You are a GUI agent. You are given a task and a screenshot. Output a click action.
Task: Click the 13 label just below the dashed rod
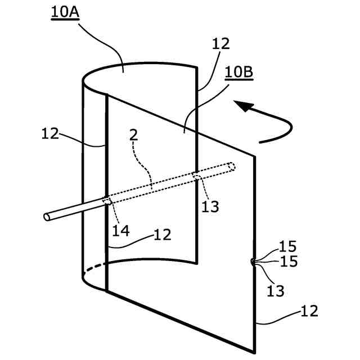(x=210, y=206)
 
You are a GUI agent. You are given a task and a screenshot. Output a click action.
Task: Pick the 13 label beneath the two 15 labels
(x=276, y=291)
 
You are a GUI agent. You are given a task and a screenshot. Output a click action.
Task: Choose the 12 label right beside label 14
(x=162, y=235)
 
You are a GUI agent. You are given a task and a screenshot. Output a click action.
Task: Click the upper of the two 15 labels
(x=287, y=247)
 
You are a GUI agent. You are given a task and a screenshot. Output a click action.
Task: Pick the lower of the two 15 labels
(x=287, y=262)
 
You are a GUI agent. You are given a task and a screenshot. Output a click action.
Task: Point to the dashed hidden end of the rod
(x=231, y=166)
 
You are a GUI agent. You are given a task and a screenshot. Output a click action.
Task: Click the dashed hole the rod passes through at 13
(x=197, y=178)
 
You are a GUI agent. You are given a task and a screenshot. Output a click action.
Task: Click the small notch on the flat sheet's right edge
(x=253, y=262)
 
